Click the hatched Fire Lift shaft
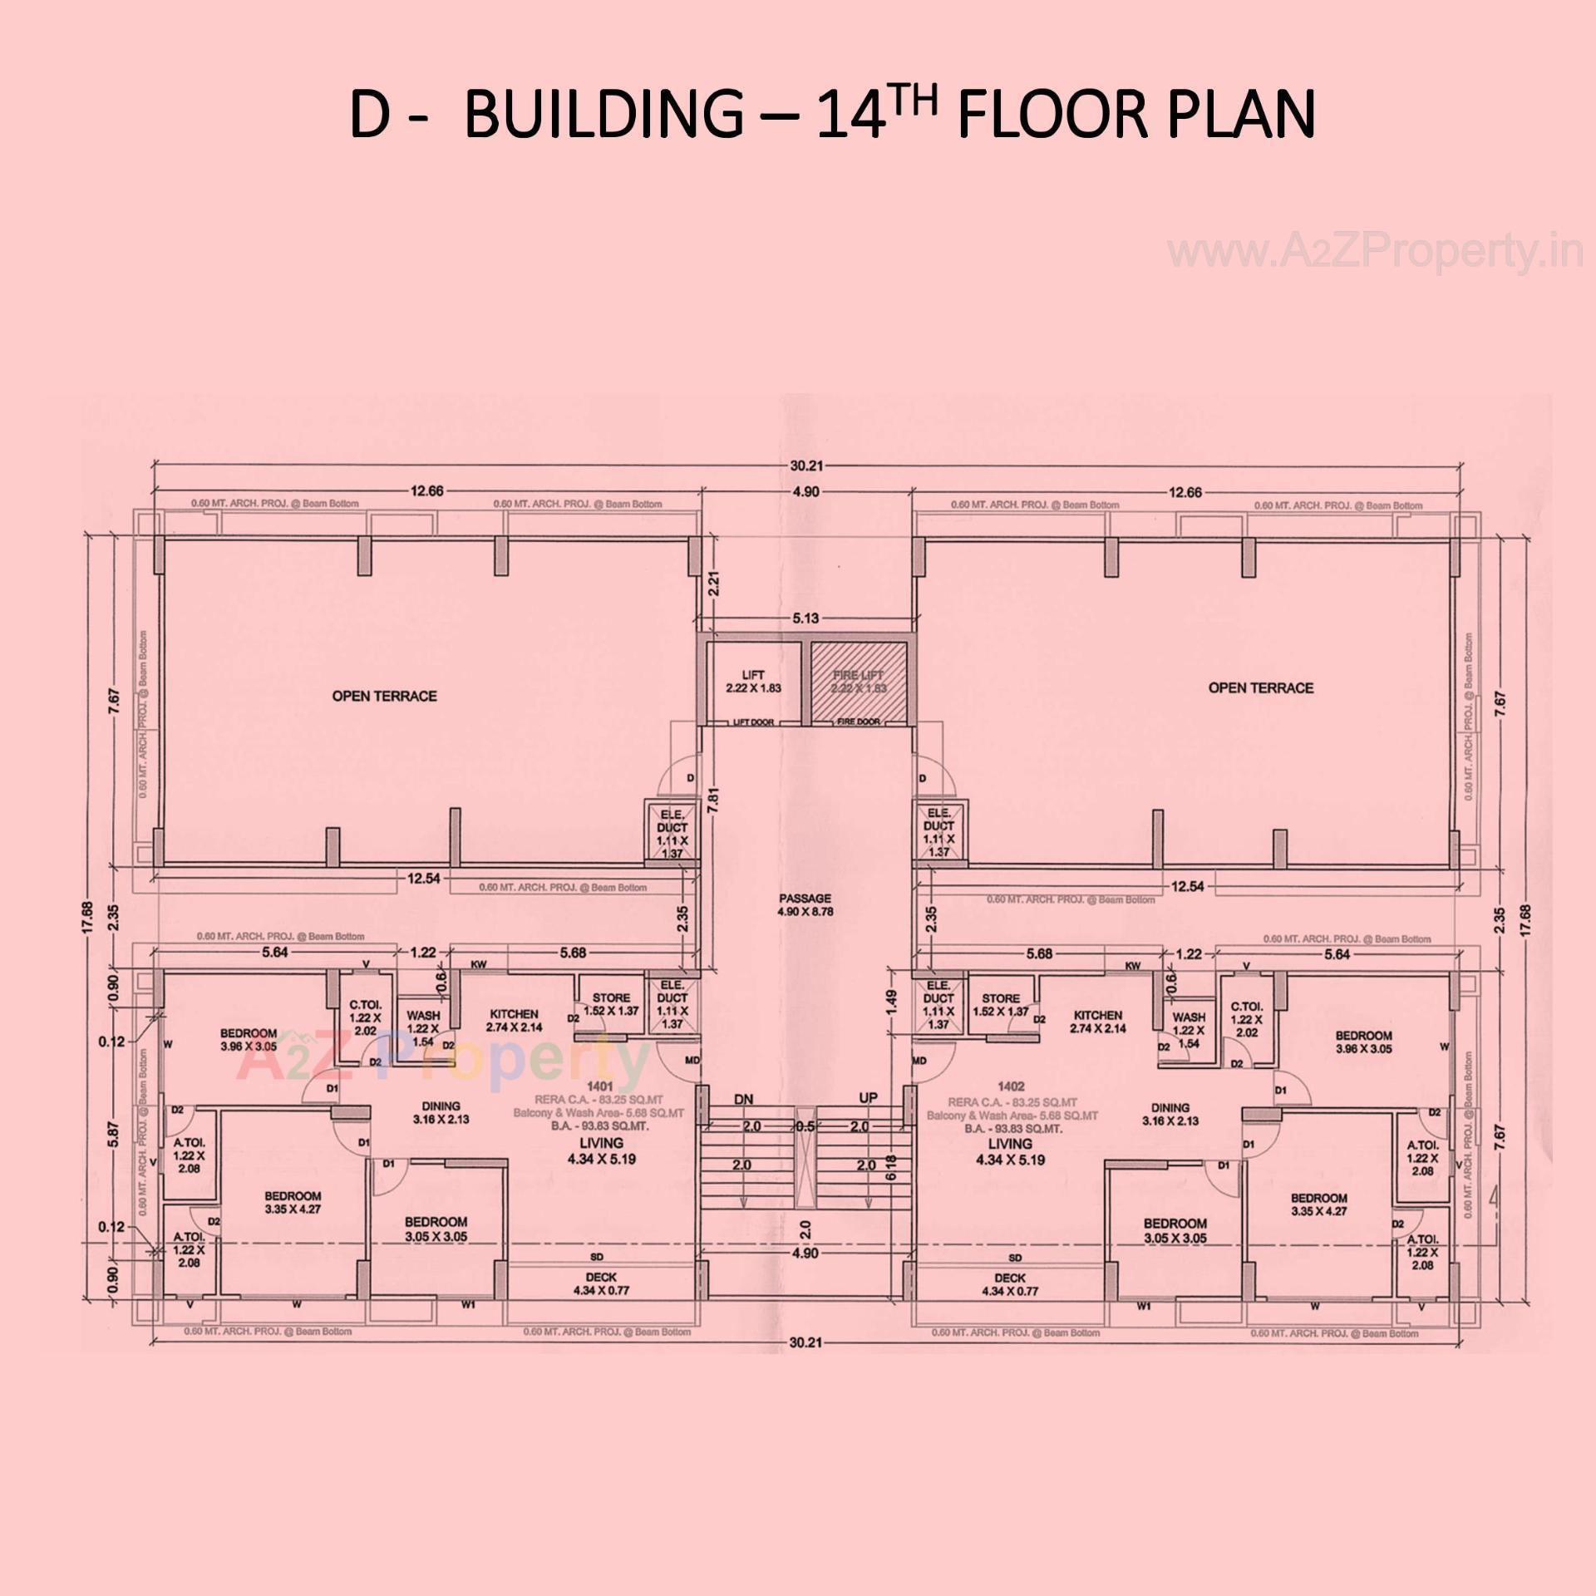click(x=859, y=681)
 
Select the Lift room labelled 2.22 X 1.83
click(x=752, y=681)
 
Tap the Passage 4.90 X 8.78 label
click(x=805, y=904)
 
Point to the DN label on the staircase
click(x=743, y=1099)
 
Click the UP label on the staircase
click(x=868, y=1098)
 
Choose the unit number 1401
click(x=599, y=1086)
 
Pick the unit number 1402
click(x=1012, y=1086)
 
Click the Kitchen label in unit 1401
click(x=514, y=1014)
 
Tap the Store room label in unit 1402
click(x=1000, y=998)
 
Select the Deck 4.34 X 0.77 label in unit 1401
click(x=600, y=1284)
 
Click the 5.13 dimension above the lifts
click(x=805, y=618)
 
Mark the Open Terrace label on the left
click(x=384, y=696)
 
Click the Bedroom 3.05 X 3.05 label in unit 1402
click(x=1175, y=1230)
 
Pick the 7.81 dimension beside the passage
click(x=712, y=800)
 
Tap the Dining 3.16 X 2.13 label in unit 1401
click(x=441, y=1112)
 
